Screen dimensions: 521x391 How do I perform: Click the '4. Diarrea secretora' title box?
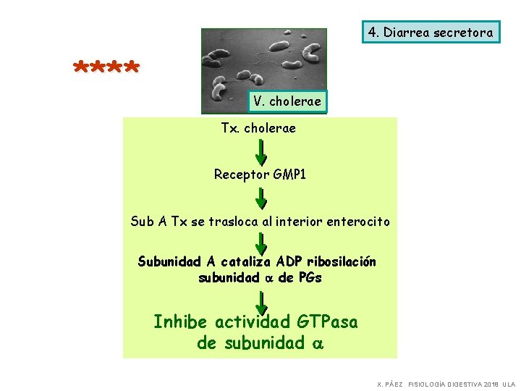tap(431, 32)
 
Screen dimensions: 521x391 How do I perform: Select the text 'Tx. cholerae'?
tap(258, 128)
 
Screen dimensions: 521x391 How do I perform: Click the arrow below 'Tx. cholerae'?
tap(261, 151)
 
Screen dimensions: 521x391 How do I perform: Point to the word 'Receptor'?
tap(241, 175)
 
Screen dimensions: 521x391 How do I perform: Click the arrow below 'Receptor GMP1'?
tap(261, 198)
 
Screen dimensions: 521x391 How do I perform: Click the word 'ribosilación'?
tap(342, 261)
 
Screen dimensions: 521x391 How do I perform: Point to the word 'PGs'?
tap(309, 277)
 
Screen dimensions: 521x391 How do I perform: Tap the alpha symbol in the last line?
tap(317, 344)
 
